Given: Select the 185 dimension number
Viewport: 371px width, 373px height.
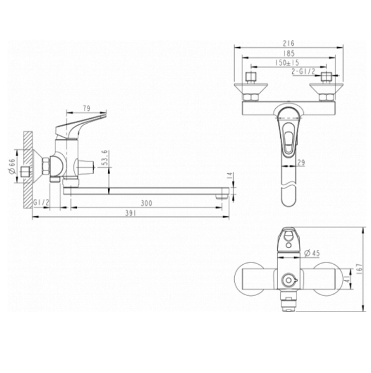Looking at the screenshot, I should point(288,54).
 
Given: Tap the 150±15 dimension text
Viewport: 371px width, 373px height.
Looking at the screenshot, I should point(288,63).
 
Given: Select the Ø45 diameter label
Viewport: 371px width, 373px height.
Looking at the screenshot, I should point(312,253).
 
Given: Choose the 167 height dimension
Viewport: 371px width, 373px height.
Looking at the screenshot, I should point(360,268).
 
